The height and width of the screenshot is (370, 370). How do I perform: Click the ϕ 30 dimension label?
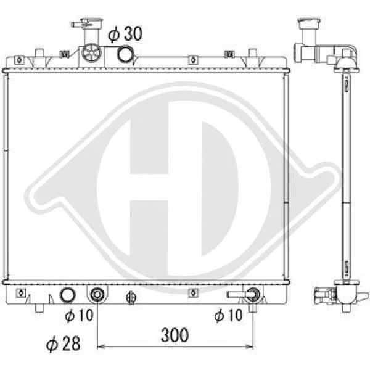(x=125, y=34)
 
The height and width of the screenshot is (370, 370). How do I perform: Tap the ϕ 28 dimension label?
(x=63, y=344)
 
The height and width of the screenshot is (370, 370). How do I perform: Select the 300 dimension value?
(x=175, y=335)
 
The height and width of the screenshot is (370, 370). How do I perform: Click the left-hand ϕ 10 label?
(x=79, y=315)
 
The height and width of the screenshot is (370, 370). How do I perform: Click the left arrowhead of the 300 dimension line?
(x=101, y=347)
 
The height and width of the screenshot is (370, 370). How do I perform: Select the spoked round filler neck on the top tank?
(x=91, y=53)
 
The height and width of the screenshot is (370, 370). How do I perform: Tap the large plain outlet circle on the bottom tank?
(x=68, y=295)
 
